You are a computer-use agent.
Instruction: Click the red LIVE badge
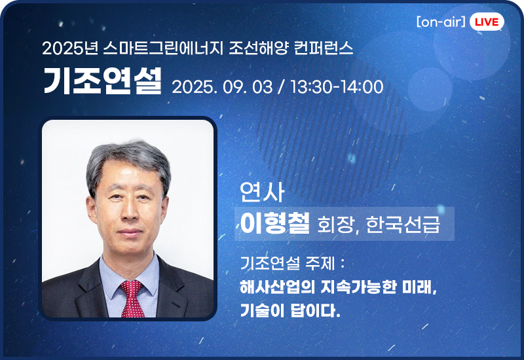[x=487, y=22]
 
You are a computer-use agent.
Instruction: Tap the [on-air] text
[x=441, y=22]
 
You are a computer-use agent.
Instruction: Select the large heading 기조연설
[x=103, y=81]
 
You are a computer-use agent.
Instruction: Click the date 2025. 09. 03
[x=222, y=87]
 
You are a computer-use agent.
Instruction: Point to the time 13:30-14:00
[x=337, y=87]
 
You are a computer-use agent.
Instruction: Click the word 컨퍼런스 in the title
[x=324, y=48]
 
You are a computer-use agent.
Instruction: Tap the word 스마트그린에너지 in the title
[x=163, y=48]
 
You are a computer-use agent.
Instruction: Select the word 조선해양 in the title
[x=258, y=48]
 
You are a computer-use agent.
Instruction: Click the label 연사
[x=262, y=192]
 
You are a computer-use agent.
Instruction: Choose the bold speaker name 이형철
[x=275, y=223]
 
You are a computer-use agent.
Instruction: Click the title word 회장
[x=335, y=225]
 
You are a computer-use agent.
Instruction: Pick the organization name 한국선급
[x=403, y=225]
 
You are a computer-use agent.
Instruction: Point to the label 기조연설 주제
[x=288, y=263]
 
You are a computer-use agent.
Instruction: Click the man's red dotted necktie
[x=132, y=298]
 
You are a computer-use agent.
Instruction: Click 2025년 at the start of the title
[x=70, y=48]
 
